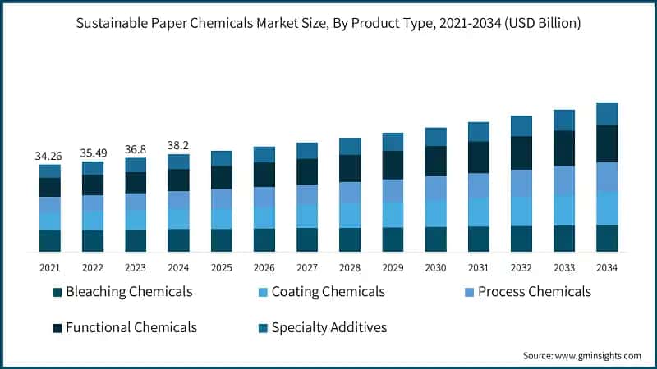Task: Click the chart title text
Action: [x=328, y=24]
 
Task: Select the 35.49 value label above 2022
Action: [x=93, y=153]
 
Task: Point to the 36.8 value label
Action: [x=136, y=149]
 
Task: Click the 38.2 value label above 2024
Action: [x=178, y=144]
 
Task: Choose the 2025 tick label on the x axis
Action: [x=221, y=267]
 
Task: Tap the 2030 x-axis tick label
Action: [x=435, y=267]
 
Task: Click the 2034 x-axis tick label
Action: [x=606, y=267]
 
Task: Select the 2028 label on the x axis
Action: [x=350, y=267]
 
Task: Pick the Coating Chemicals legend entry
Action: [x=319, y=292]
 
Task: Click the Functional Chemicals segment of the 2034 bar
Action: [x=606, y=143]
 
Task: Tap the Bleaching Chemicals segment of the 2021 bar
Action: [x=50, y=240]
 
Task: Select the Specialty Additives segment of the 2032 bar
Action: [x=521, y=125]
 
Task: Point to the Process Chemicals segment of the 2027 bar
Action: [x=307, y=194]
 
